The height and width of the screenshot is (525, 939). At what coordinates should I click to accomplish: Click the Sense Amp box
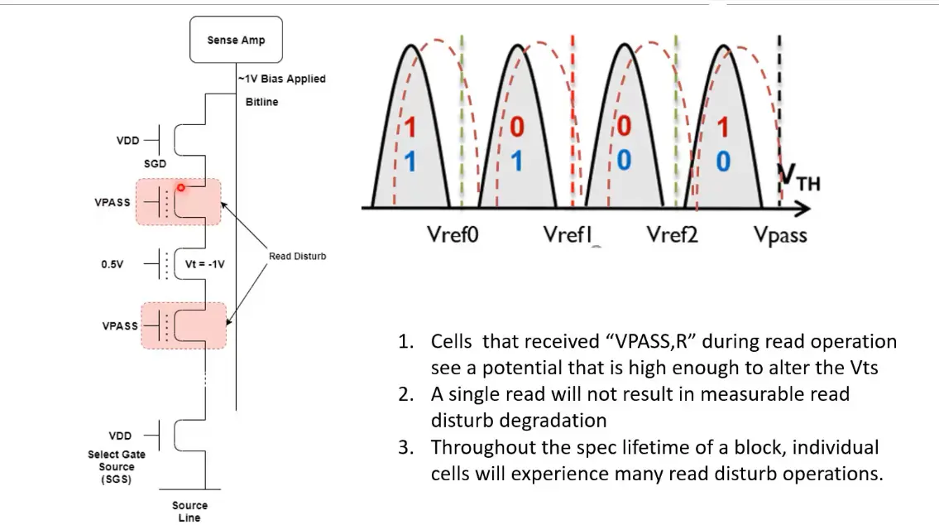click(x=236, y=41)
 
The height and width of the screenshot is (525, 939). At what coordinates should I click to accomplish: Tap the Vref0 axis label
click(x=453, y=235)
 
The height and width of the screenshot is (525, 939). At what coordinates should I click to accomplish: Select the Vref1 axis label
click(x=568, y=235)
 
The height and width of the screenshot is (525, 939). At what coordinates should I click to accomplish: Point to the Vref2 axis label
click(x=672, y=235)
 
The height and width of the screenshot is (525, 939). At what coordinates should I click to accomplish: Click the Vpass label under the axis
click(x=780, y=236)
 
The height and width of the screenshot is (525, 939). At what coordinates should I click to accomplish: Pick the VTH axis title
click(x=799, y=178)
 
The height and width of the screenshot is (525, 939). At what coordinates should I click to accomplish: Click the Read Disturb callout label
click(x=297, y=257)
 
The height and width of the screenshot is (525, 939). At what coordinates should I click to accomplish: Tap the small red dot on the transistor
click(x=180, y=188)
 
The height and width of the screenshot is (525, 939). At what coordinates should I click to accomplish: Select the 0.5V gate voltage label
click(x=113, y=265)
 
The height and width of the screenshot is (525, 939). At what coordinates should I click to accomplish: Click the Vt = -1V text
click(x=205, y=265)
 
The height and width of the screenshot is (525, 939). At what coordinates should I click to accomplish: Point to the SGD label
click(x=155, y=164)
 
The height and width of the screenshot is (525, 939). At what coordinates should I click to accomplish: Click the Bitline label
click(x=262, y=102)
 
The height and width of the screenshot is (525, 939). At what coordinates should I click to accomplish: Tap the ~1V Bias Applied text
click(x=282, y=79)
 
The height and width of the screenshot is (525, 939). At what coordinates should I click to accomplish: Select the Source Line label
click(x=189, y=511)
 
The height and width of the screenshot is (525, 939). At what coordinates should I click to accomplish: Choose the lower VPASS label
click(x=120, y=326)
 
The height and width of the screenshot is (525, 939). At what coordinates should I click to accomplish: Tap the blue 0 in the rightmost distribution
click(x=723, y=161)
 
